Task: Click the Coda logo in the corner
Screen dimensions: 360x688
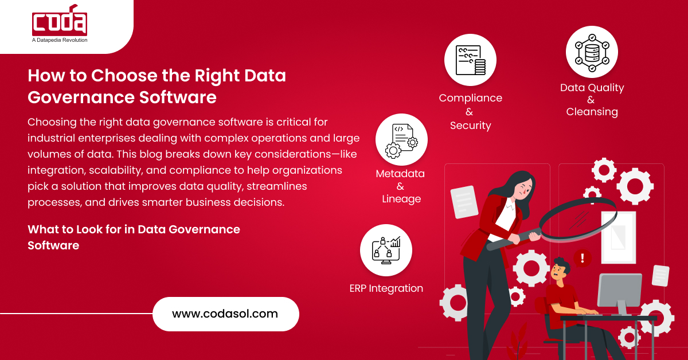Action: pos(60,22)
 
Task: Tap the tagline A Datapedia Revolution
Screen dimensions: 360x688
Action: pos(60,40)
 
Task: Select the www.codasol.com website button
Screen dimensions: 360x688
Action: pos(225,314)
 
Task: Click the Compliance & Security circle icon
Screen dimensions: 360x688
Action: pos(470,60)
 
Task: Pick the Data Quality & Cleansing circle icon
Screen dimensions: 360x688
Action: pos(592,52)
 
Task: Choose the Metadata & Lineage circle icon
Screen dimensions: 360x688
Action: pos(401,140)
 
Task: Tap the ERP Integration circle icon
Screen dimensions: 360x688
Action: pos(386,250)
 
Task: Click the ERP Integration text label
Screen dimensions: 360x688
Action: pos(386,288)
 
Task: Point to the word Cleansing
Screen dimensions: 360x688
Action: pos(592,112)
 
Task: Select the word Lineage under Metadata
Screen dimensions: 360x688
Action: pos(401,199)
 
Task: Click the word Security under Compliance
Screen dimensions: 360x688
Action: pos(470,126)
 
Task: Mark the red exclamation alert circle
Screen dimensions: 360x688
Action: pos(583,257)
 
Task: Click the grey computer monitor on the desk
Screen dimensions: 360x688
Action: pos(619,289)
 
